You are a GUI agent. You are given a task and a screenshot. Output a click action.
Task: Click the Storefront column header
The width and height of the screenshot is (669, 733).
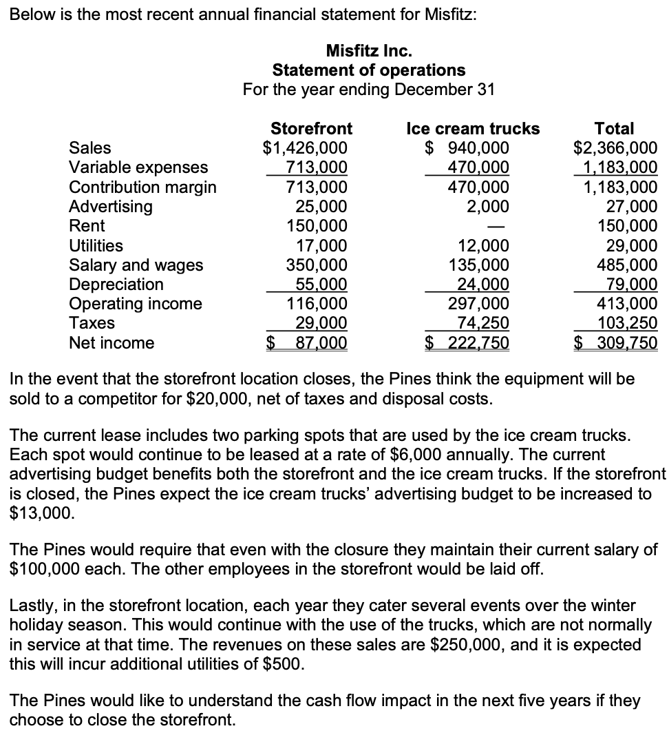pos(311,129)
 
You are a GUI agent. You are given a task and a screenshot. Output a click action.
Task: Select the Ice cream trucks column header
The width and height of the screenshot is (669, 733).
pos(473,129)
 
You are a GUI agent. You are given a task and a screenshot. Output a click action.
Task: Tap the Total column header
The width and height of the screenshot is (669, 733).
pos(614,129)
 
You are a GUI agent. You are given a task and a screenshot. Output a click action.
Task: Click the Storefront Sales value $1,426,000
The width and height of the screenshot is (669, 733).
pos(306,148)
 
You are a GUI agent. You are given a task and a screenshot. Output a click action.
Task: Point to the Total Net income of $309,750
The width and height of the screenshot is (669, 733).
pos(617,343)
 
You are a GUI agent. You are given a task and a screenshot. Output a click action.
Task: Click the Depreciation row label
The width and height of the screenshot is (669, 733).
pos(116,285)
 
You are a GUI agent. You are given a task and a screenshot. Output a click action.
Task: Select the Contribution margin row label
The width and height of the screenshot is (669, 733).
pos(142,187)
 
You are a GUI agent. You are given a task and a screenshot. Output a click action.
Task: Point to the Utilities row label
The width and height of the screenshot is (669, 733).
pos(96,246)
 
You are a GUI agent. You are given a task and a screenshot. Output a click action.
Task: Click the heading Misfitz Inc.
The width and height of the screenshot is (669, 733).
pos(369,50)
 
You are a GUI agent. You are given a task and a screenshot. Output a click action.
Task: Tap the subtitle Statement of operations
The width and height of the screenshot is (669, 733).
pos(369,70)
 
